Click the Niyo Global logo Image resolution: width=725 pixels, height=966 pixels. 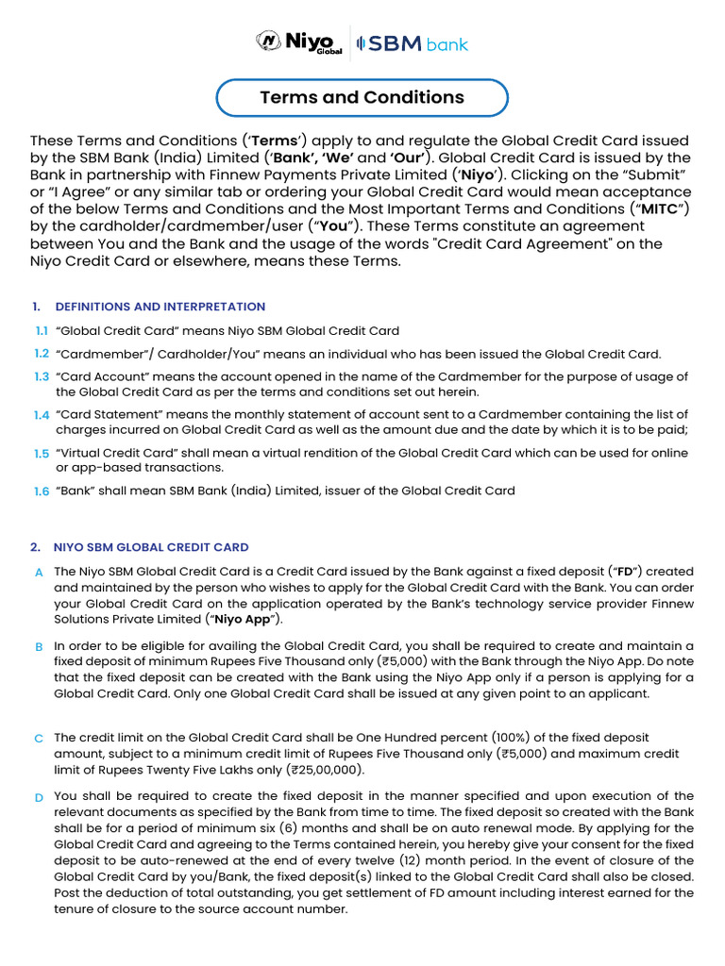tap(298, 43)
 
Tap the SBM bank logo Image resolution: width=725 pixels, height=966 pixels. tap(412, 44)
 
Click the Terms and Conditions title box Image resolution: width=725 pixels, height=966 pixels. tap(362, 97)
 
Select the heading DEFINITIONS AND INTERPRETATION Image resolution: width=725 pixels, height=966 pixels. tap(160, 307)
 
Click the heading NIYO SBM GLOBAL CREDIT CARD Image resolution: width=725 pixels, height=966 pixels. tap(152, 547)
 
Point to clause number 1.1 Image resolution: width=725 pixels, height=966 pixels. tap(42, 331)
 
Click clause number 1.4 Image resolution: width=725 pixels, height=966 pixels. tap(42, 415)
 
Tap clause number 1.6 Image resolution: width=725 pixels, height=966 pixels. tap(42, 491)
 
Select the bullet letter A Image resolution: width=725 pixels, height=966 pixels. tap(39, 573)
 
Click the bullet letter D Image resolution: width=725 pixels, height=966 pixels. tap(39, 798)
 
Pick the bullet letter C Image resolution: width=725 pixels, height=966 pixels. tap(39, 739)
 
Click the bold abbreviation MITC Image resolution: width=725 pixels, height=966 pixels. tap(659, 208)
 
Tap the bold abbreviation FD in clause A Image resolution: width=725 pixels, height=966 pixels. tap(624, 572)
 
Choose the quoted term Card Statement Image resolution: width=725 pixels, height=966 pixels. tap(103, 414)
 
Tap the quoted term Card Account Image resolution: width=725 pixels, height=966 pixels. tap(98, 376)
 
